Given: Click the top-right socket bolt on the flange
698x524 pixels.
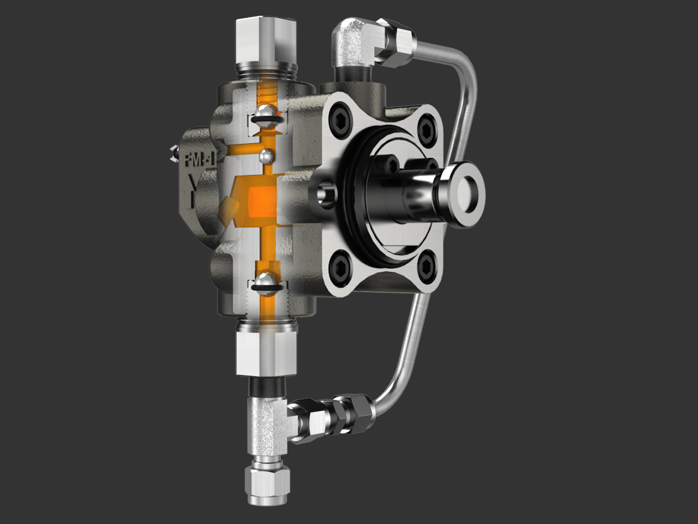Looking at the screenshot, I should [x=425, y=127].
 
